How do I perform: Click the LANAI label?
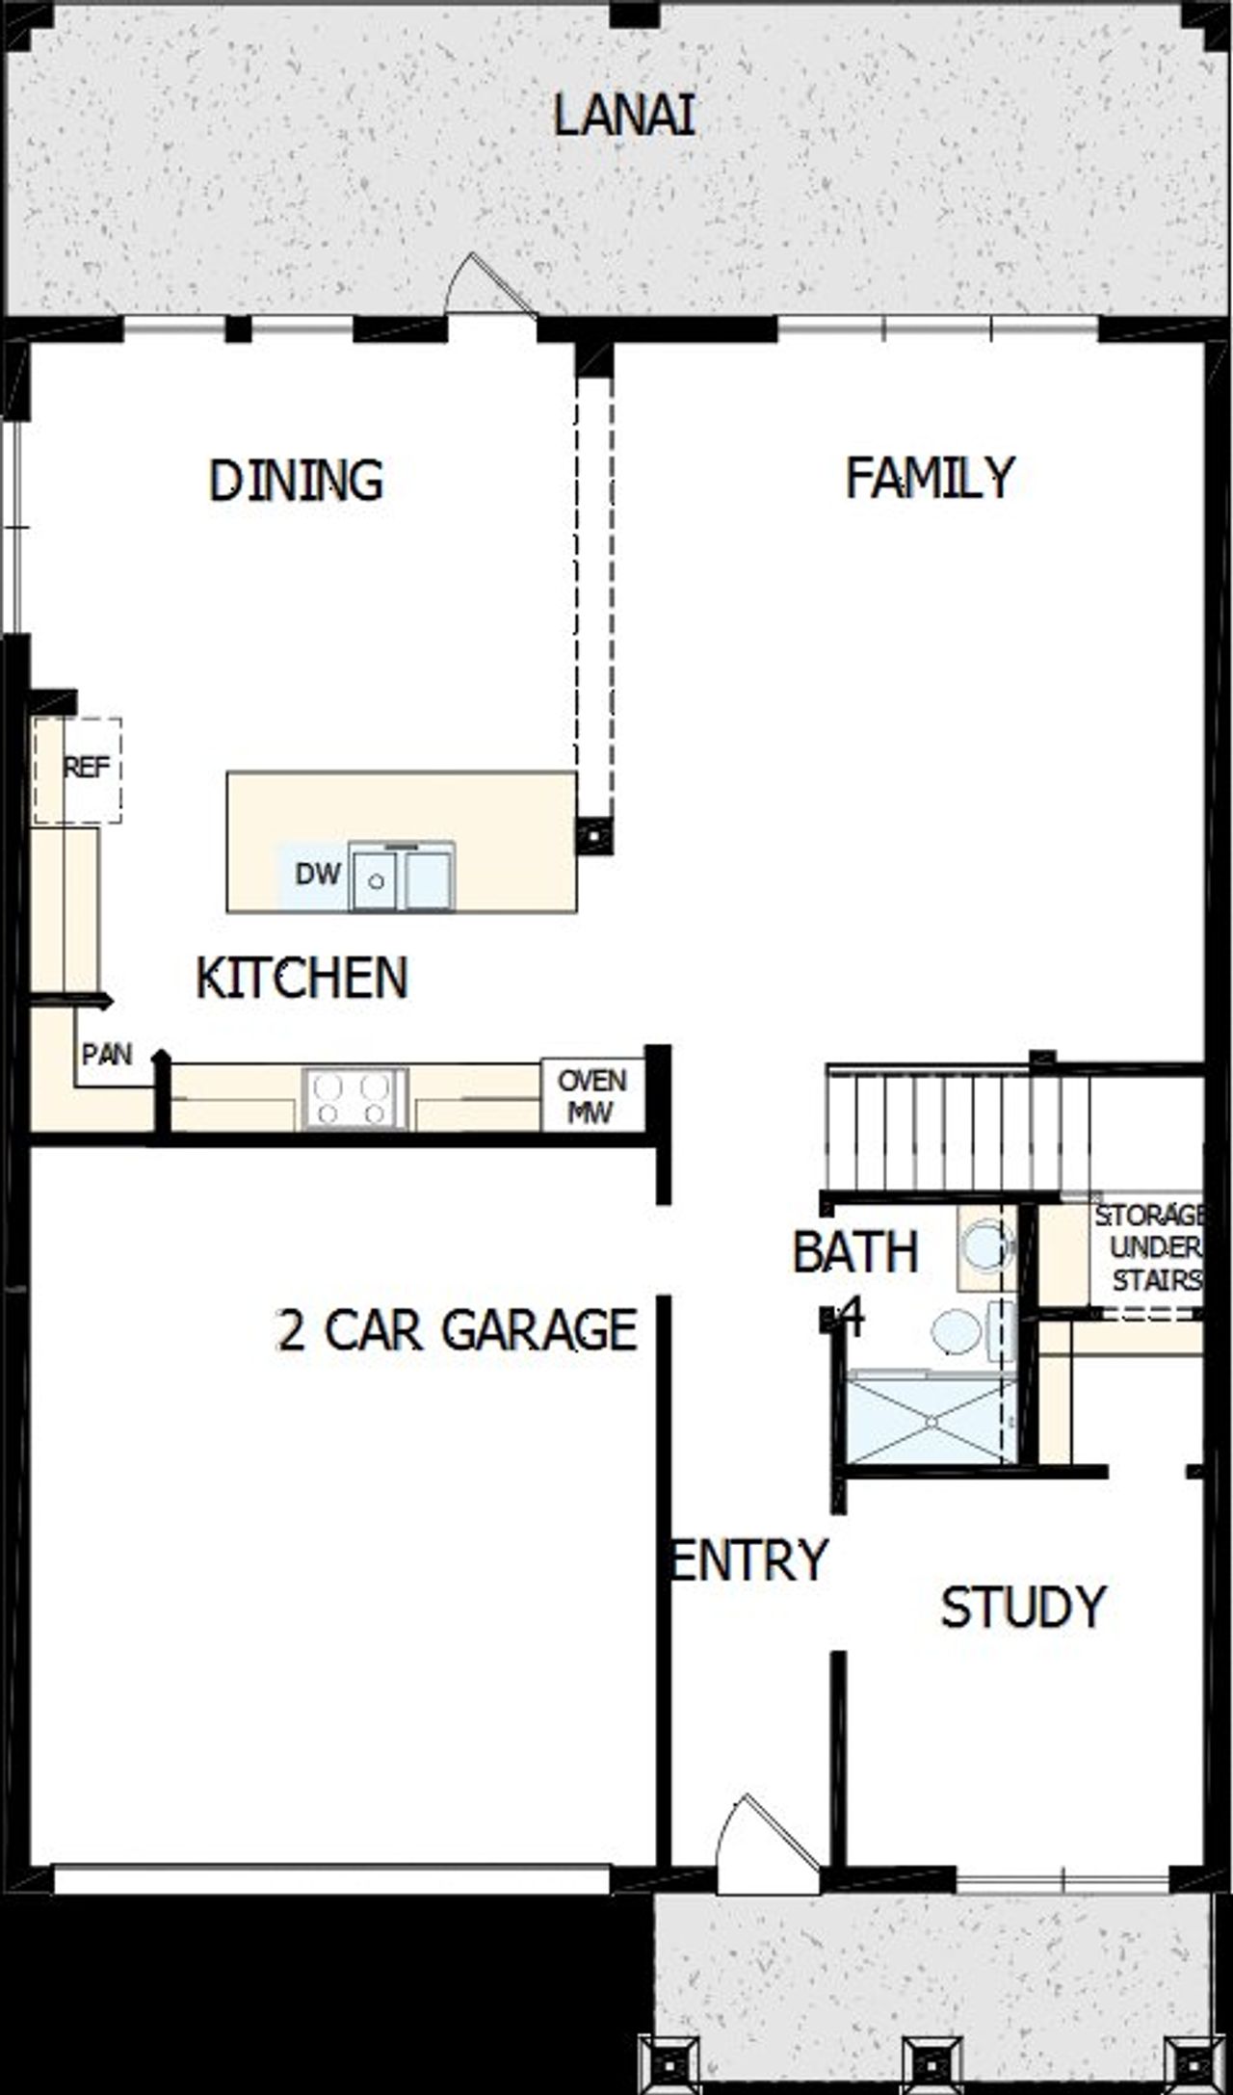pyautogui.click(x=624, y=116)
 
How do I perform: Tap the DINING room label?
pyautogui.click(x=296, y=481)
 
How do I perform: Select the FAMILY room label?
pyautogui.click(x=930, y=478)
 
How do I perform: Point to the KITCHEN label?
pyautogui.click(x=302, y=978)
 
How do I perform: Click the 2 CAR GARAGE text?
pyautogui.click(x=458, y=1330)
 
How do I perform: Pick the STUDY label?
pyautogui.click(x=1023, y=1607)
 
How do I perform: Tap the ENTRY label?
pyautogui.click(x=748, y=1559)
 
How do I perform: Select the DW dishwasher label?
pyautogui.click(x=317, y=875)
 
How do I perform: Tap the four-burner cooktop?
pyautogui.click(x=354, y=1099)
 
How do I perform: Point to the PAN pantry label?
pyautogui.click(x=106, y=1055)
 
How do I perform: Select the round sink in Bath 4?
pyautogui.click(x=957, y=1332)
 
